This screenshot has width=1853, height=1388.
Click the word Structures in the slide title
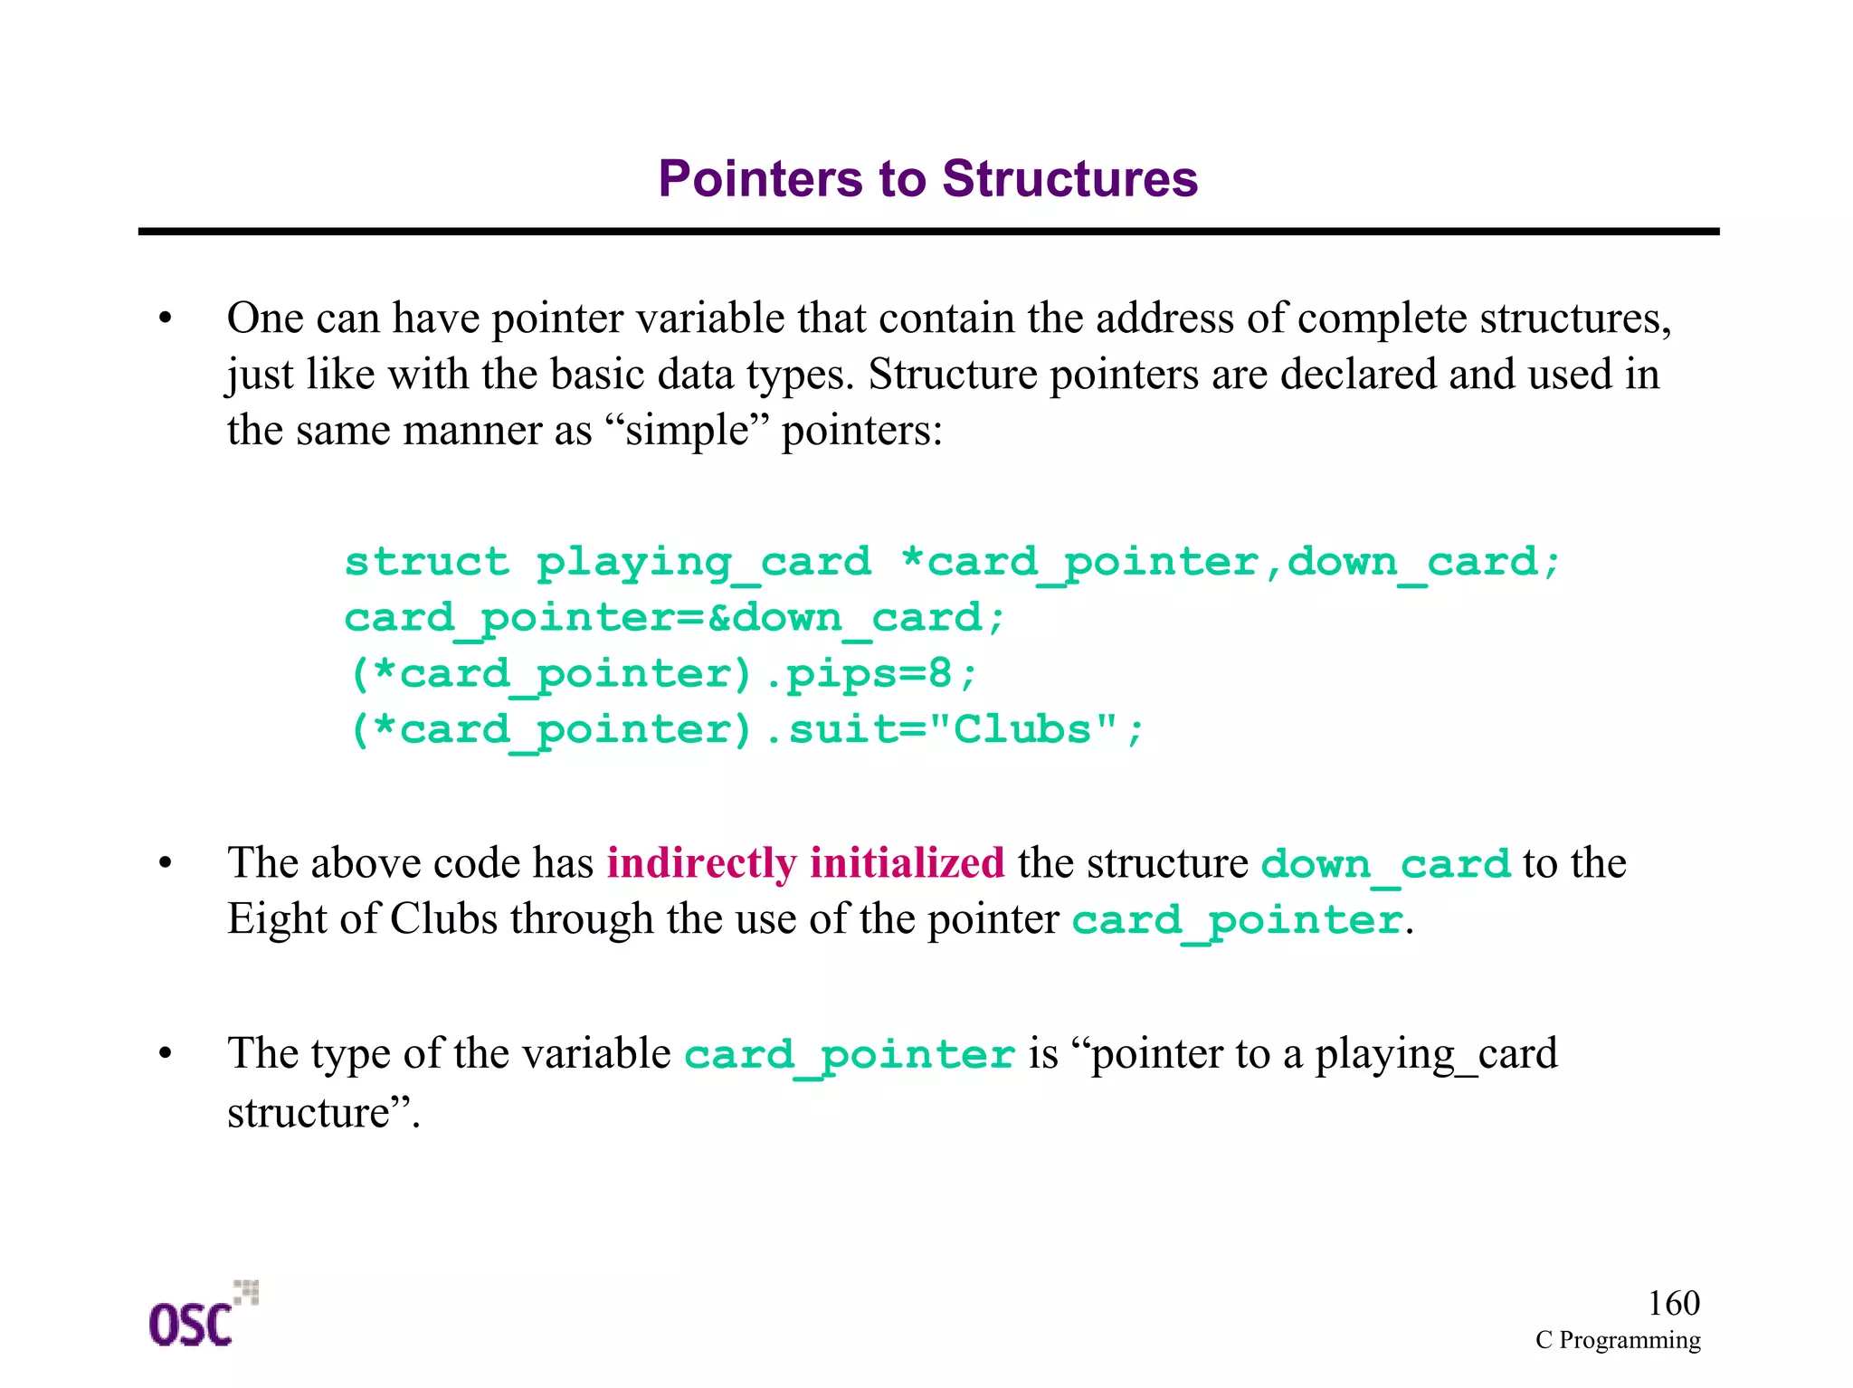point(1069,178)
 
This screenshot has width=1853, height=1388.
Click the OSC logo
point(201,1316)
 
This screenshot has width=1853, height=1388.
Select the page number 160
point(1673,1303)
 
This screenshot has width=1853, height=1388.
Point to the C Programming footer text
point(1617,1340)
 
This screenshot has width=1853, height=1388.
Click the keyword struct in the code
point(427,562)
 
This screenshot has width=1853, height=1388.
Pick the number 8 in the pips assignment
point(939,674)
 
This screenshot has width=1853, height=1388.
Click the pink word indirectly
point(701,862)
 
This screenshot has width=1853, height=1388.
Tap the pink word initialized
point(907,862)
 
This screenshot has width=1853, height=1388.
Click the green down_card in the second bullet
point(1385,864)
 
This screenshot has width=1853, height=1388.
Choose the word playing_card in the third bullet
point(1436,1054)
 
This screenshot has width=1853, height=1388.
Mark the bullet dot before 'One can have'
point(165,318)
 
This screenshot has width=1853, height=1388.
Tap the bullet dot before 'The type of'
point(165,1054)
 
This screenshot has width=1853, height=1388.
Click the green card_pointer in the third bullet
point(849,1055)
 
